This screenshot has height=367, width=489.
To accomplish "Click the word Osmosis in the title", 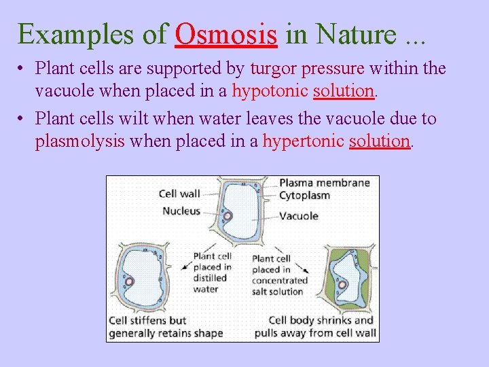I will pos(225,34).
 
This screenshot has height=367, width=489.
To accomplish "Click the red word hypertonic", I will pos(304,141).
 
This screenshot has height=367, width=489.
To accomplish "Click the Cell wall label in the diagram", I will pos(179,194).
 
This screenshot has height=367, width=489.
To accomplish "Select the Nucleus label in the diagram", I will pos(181,211).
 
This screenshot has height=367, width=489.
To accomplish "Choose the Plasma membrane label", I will pos(324,182).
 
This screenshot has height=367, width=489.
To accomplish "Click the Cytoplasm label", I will pos(304,196).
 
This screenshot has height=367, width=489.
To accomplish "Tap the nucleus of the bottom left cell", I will pos(128,281).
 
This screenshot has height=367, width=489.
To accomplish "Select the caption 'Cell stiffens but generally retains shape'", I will pos(166,327).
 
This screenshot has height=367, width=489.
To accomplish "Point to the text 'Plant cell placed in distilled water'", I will pos(212,273).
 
